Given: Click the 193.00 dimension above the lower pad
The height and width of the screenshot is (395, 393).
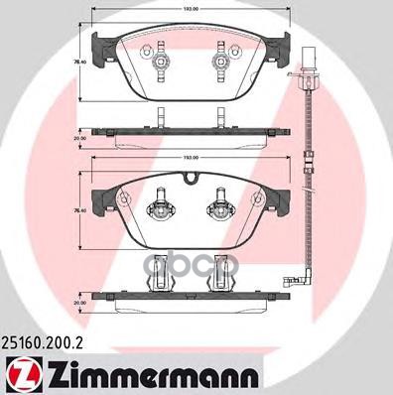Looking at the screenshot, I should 192,158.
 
